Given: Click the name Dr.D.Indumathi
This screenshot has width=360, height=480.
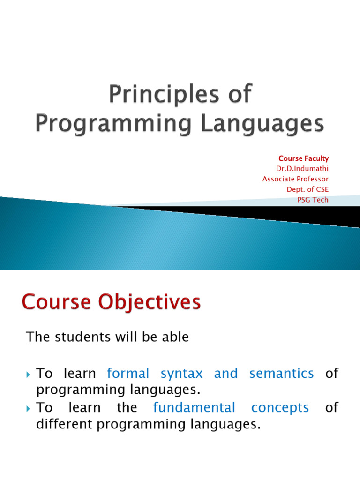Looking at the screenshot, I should (302, 169).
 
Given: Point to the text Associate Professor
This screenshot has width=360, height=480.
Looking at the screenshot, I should (295, 179).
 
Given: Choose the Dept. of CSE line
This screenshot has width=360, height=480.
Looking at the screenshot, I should (307, 189).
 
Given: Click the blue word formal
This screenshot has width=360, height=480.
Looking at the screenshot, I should (128, 374).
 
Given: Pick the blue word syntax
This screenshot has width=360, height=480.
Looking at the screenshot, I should (182, 374).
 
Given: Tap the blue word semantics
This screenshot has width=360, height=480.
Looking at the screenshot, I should (281, 374).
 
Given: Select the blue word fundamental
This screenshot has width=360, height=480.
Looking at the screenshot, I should (194, 408).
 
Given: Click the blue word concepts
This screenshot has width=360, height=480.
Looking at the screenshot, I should (280, 408).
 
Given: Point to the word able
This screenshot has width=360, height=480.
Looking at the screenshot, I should (175, 337).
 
